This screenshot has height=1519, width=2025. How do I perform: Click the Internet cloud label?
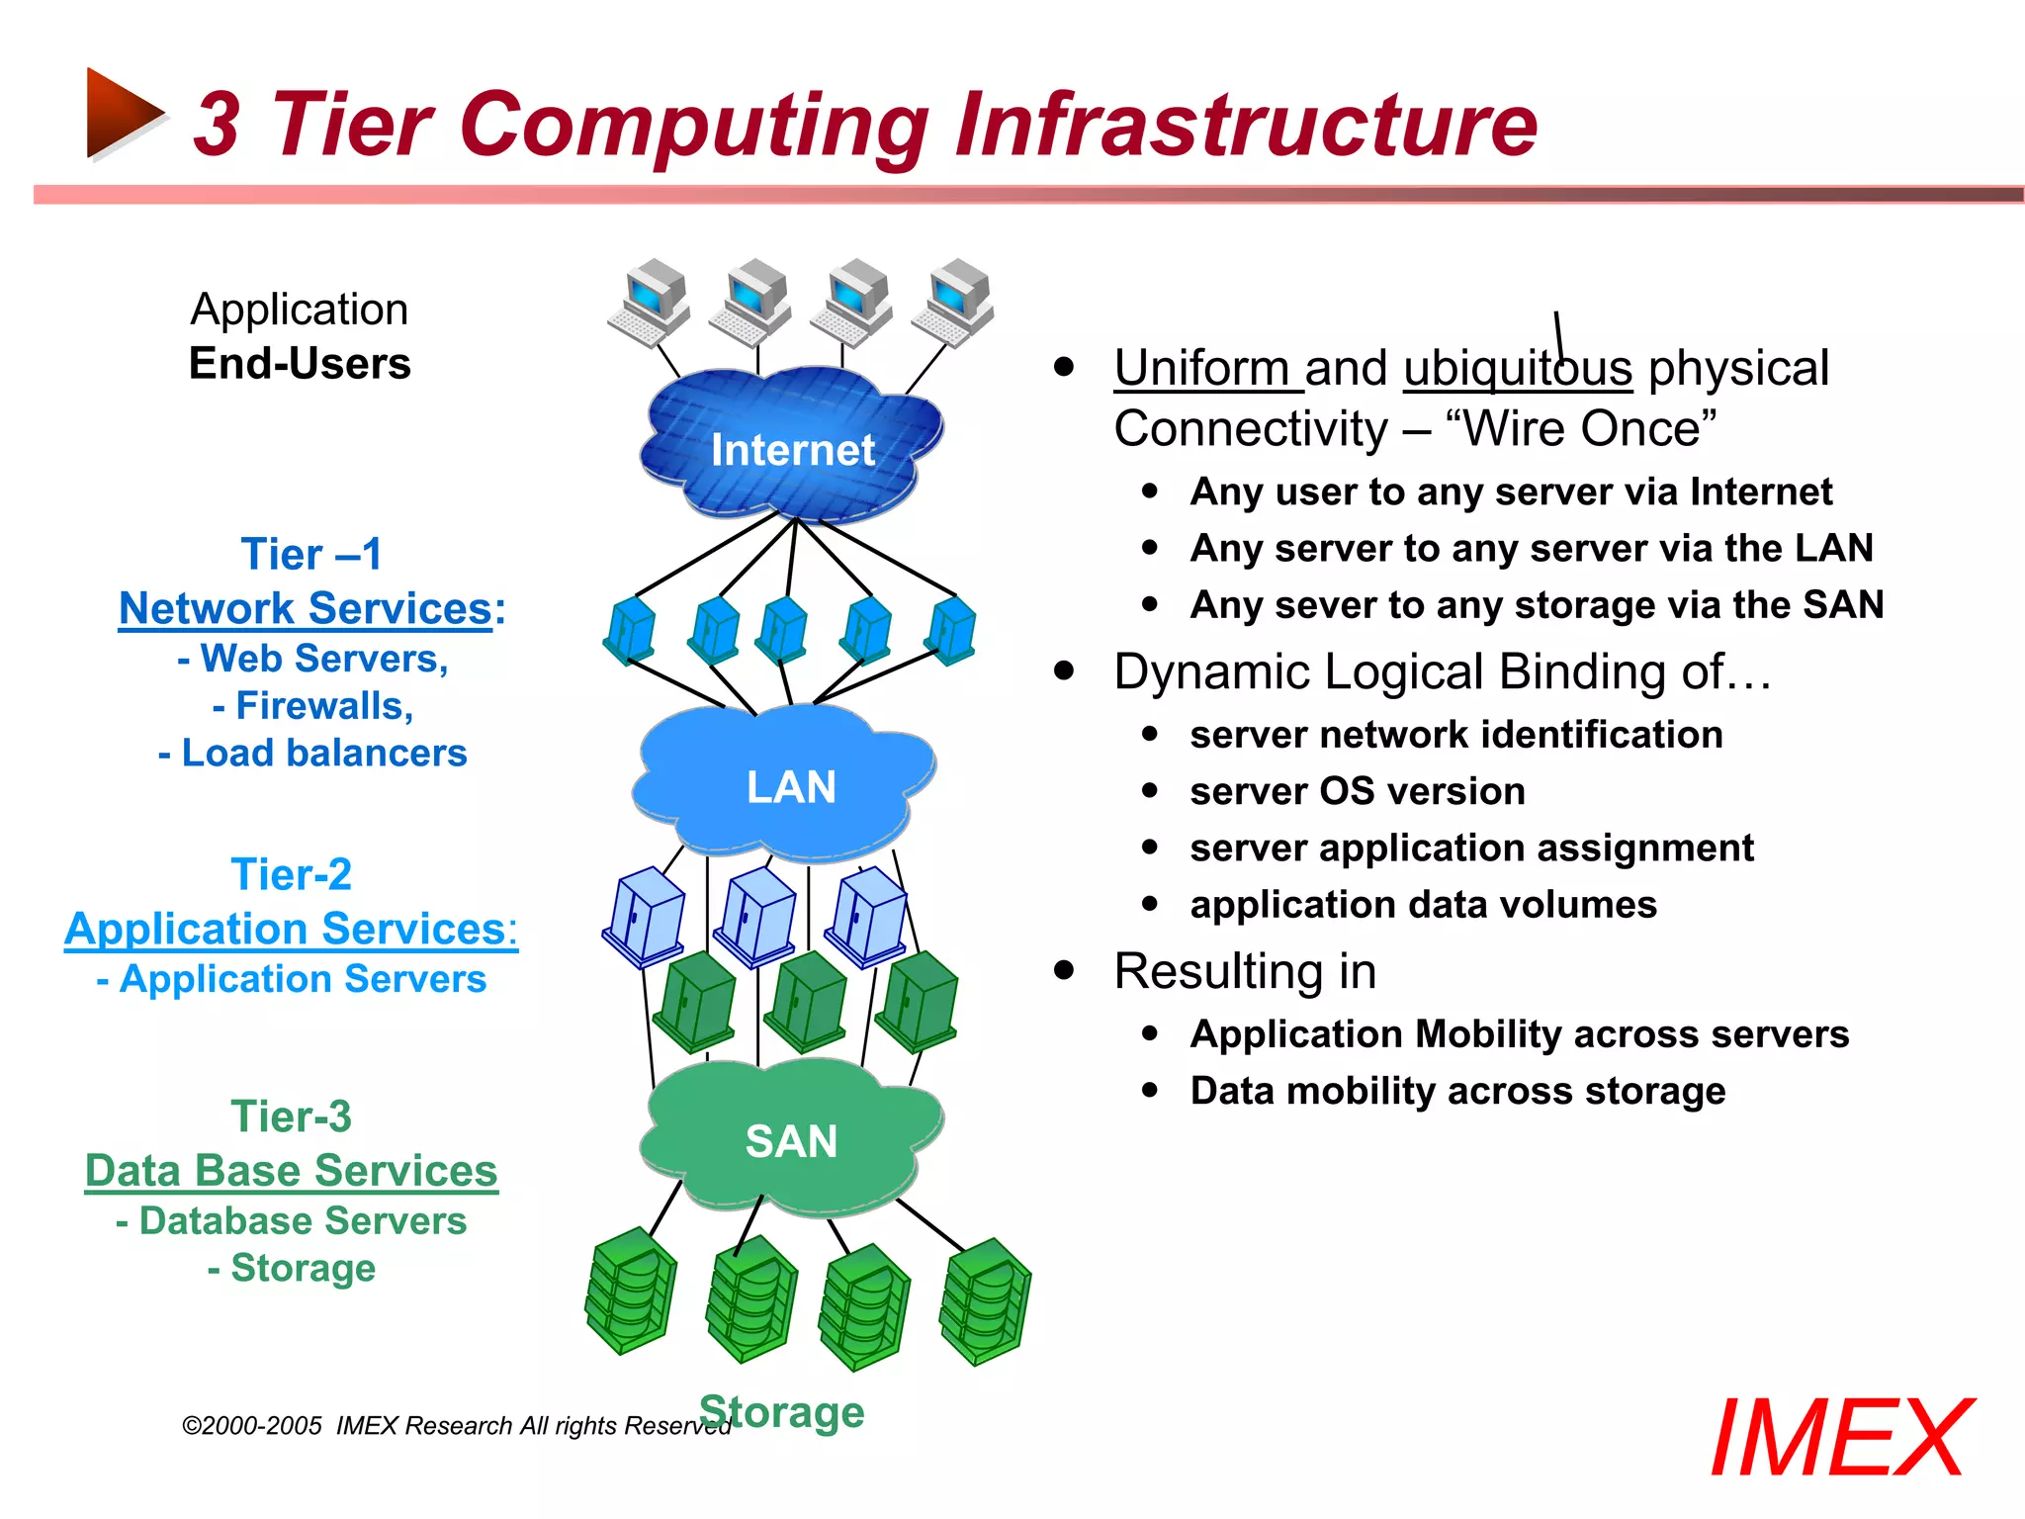tap(792, 450)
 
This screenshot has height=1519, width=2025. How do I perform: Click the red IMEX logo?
tap(1841, 1439)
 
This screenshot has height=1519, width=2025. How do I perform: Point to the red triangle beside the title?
tap(122, 114)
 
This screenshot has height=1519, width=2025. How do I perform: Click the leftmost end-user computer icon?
tap(649, 302)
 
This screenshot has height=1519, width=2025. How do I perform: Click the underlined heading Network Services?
tap(306, 608)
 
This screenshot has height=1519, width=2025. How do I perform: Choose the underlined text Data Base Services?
tap(291, 1171)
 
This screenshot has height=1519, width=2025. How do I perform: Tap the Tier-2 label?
tap(291, 874)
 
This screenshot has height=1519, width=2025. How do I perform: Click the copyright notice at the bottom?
tap(455, 1425)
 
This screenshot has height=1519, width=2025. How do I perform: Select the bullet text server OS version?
tap(1357, 791)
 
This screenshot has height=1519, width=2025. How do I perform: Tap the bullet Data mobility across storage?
tap(1457, 1091)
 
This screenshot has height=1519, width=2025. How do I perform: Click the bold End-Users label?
tap(300, 363)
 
